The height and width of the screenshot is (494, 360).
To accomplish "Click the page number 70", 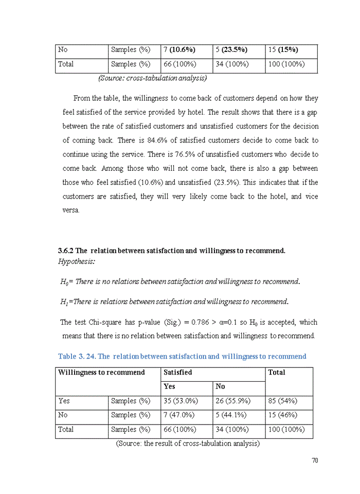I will pyautogui.click(x=315, y=460).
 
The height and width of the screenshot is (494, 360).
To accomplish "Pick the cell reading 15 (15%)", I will pyautogui.click(x=283, y=50).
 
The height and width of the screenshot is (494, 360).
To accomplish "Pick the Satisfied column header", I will pyautogui.click(x=177, y=372).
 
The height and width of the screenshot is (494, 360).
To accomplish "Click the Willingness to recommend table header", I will pyautogui.click(x=101, y=372).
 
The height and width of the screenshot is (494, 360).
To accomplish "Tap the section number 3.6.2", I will pyautogui.click(x=65, y=251).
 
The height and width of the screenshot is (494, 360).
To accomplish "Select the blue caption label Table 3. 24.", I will pyautogui.click(x=77, y=357).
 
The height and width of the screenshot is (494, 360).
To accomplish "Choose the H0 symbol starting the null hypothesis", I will pyautogui.click(x=64, y=282).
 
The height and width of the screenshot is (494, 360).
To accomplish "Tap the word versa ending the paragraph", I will pyautogui.click(x=71, y=210).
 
